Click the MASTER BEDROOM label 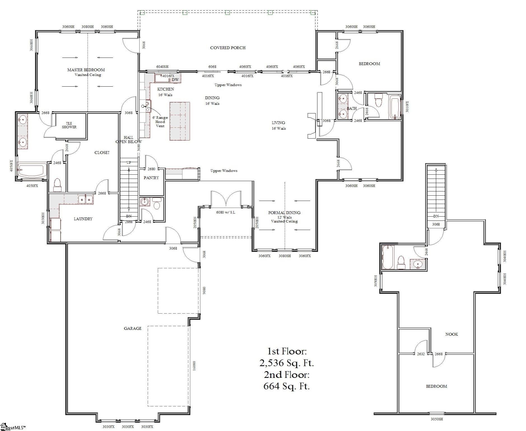pyautogui.click(x=86, y=70)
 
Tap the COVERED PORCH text pyautogui.click(x=228, y=48)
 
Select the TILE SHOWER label pyautogui.click(x=69, y=125)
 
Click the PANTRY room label pyautogui.click(x=151, y=178)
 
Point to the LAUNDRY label pyautogui.click(x=83, y=219)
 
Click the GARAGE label pyautogui.click(x=132, y=328)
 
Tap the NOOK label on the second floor pyautogui.click(x=451, y=334)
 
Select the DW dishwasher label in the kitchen pyautogui.click(x=175, y=80)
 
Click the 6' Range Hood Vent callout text pyautogui.click(x=160, y=122)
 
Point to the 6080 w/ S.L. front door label pyautogui.click(x=226, y=212)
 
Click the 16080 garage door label pyautogui.click(x=194, y=366)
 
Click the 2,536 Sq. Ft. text pyautogui.click(x=287, y=363)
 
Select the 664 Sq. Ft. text pyautogui.click(x=287, y=386)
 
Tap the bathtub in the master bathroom pyautogui.click(x=31, y=170)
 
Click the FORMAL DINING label pyautogui.click(x=284, y=213)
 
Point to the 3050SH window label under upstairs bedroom pyautogui.click(x=436, y=427)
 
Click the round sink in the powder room pyautogui.click(x=145, y=202)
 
